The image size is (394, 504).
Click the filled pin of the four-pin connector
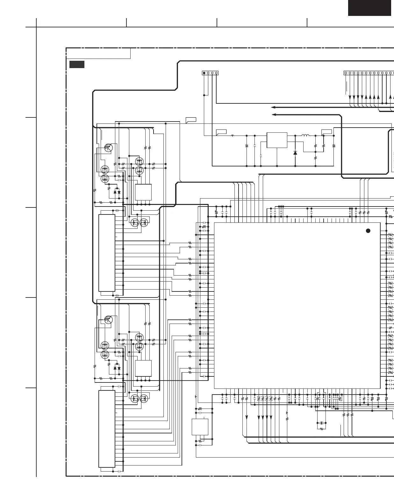tap(204, 73)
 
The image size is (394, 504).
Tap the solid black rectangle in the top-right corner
tap(369, 8)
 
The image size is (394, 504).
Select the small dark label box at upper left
tap(77, 64)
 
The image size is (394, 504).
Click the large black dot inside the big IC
tap(368, 231)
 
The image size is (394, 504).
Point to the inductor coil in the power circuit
tap(305, 136)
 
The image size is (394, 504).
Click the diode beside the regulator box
tap(295, 153)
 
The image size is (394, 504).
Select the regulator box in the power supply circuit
tap(277, 140)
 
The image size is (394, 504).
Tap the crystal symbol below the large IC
tap(322, 423)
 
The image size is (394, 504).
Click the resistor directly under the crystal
tap(322, 429)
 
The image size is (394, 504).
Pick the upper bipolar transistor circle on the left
tap(109, 148)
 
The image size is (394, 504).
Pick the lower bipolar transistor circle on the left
tap(109, 319)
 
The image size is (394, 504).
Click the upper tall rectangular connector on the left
tap(107, 253)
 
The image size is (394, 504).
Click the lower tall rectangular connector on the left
tap(107, 429)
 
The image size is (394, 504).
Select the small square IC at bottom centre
tap(200, 427)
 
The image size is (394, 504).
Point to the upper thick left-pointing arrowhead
tap(273, 108)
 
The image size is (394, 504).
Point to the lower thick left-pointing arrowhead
tap(273, 115)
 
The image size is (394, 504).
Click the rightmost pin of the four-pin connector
tap(216, 73)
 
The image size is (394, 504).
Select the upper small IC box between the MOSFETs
tap(143, 192)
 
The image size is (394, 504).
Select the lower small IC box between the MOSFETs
tap(143, 368)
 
